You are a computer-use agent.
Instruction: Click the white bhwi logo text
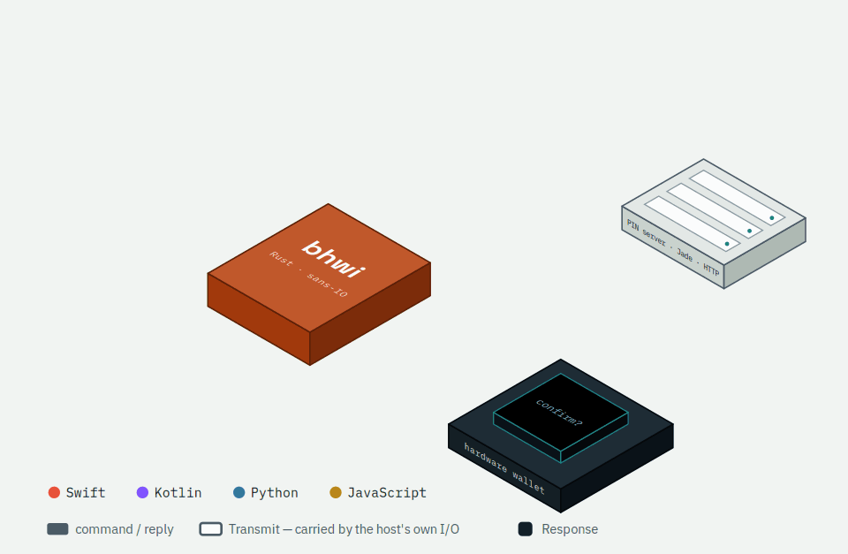(334, 259)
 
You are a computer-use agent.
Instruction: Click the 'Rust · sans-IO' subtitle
(308, 274)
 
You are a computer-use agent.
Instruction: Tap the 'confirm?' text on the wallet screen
(559, 413)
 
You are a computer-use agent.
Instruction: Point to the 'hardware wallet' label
(504, 468)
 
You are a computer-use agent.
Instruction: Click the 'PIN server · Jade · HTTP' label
(673, 247)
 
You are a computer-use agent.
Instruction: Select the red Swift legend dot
(54, 492)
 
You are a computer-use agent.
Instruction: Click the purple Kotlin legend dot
(142, 492)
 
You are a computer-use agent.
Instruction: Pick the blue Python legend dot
(239, 492)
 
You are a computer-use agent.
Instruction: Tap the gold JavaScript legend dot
(336, 492)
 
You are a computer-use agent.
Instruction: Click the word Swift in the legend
(86, 493)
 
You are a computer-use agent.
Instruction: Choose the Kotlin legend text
(178, 493)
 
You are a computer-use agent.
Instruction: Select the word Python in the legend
(274, 493)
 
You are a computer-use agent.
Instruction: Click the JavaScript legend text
(387, 493)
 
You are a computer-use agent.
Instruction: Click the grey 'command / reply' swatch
(58, 529)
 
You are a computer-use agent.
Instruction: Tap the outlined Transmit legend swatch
(210, 529)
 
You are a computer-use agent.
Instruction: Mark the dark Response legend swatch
(525, 529)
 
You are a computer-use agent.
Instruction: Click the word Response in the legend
(570, 529)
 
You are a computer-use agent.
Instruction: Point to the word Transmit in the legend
(254, 529)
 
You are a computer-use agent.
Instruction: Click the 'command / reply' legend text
(125, 529)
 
